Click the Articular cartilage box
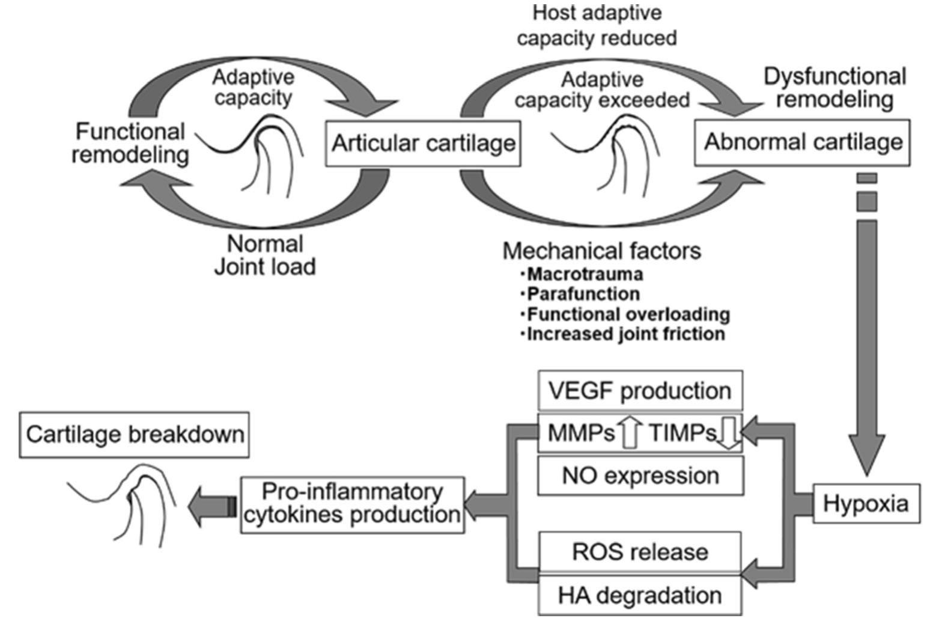(423, 144)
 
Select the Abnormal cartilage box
(802, 142)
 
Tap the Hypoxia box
(865, 503)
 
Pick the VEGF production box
(639, 391)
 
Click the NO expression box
(639, 476)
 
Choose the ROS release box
(639, 551)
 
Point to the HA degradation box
(639, 595)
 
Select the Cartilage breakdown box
(135, 434)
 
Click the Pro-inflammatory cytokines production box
(352, 504)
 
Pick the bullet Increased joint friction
(625, 334)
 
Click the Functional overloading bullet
(628, 314)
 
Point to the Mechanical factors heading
(601, 251)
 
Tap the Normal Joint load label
(265, 255)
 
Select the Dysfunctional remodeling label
(834, 88)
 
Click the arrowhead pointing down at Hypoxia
(866, 463)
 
